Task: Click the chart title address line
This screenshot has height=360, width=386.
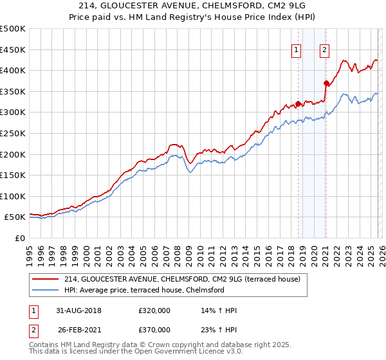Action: (x=193, y=6)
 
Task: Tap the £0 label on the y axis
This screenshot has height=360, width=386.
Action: (x=20, y=239)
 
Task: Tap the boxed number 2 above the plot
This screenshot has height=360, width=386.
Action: (x=325, y=50)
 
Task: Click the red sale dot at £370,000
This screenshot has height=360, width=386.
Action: (x=326, y=83)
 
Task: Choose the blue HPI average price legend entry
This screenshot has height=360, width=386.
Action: (x=143, y=290)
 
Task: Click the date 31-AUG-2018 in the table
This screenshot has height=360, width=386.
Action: (x=78, y=310)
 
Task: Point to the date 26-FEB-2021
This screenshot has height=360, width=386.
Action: (x=78, y=329)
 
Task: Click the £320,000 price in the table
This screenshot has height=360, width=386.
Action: (x=154, y=310)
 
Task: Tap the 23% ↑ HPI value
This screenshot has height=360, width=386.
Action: (x=219, y=329)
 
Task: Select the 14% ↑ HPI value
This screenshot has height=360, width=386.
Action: (x=219, y=310)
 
